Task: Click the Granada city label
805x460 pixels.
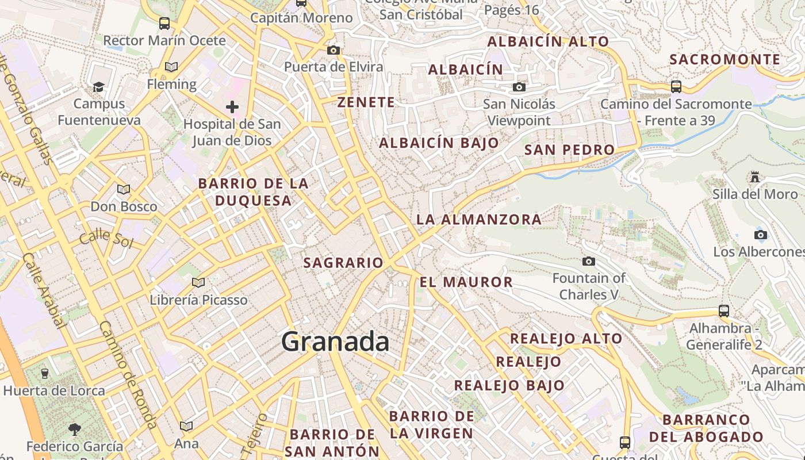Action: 335,342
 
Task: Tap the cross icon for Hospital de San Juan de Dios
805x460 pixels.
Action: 232,107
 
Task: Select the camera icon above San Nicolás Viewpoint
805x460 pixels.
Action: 519,87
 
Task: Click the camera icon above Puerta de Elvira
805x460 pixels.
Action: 333,50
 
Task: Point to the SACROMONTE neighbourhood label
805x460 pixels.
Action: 725,59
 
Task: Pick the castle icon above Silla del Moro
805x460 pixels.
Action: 755,177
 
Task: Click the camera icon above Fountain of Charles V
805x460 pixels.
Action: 588,262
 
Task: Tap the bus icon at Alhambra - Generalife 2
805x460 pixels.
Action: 724,311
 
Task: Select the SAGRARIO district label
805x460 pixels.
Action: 343,263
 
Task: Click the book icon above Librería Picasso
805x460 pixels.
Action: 198,282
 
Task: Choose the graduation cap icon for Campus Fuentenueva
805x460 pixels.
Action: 99,87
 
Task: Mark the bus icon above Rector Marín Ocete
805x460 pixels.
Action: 164,24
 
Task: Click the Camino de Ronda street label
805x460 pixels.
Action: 128,374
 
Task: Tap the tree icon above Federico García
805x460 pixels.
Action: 74,428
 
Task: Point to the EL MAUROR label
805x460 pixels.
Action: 466,282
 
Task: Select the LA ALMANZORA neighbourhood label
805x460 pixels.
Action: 478,219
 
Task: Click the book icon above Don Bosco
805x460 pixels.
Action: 124,189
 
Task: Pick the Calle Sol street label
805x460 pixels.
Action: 106,237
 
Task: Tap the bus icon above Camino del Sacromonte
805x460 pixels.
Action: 676,87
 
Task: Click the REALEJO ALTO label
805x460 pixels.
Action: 566,338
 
